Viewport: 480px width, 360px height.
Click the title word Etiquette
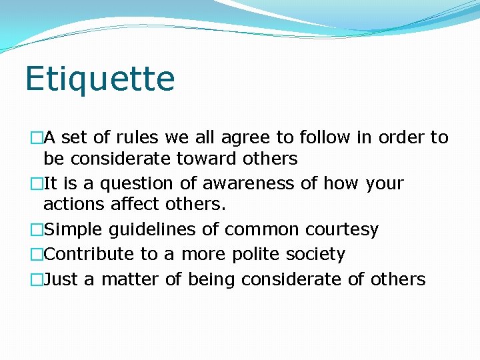[100, 79]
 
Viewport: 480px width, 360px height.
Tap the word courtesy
[342, 230]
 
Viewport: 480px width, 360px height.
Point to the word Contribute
[89, 255]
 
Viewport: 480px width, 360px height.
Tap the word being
[211, 280]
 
